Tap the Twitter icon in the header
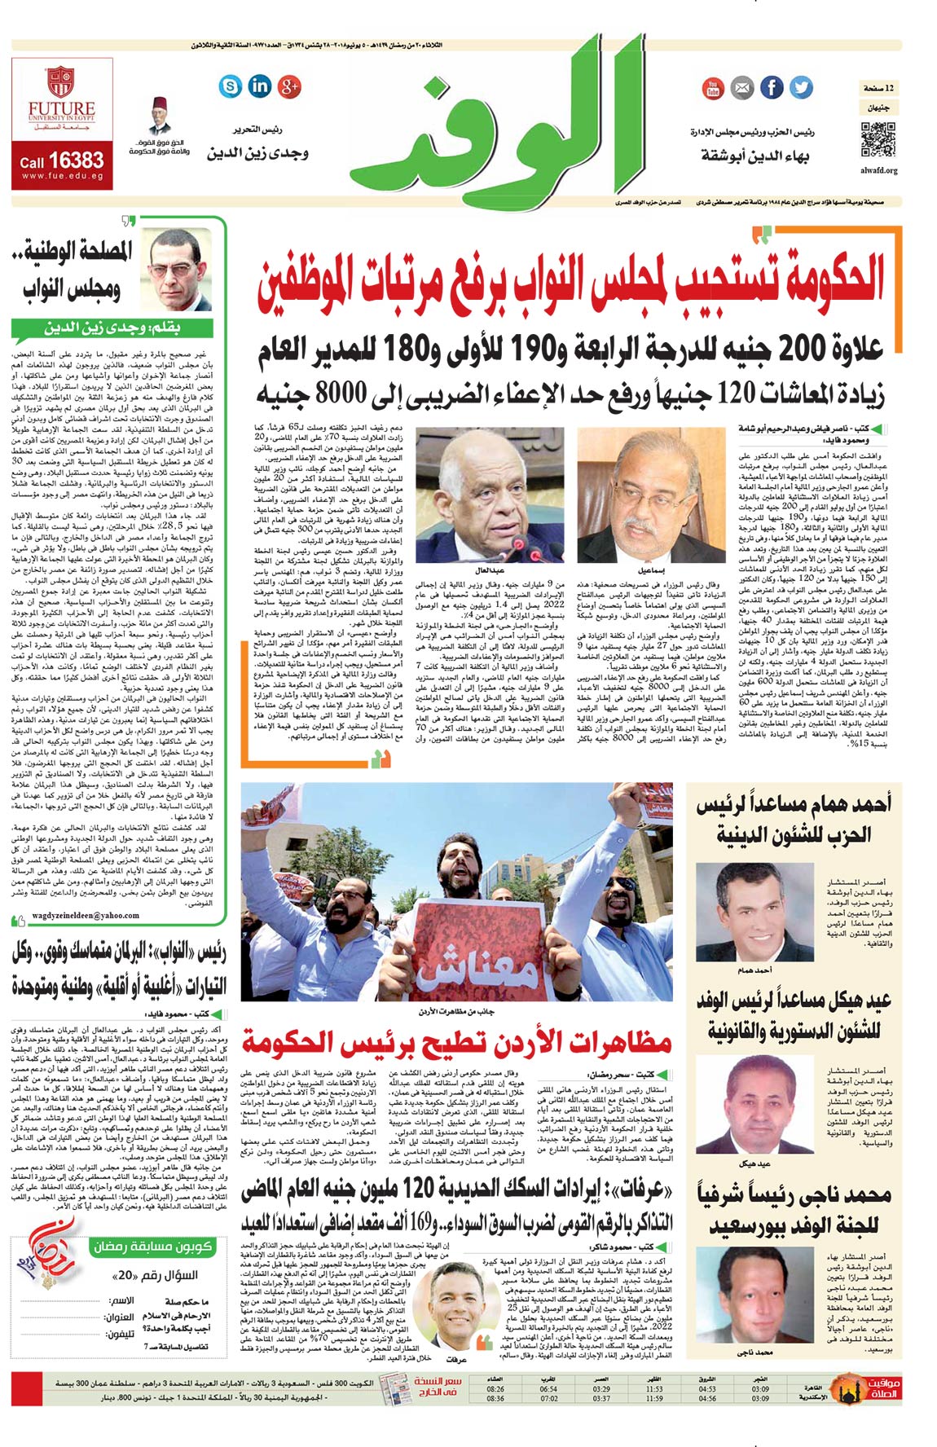click(x=801, y=87)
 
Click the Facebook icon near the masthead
click(x=771, y=87)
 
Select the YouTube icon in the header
click(x=713, y=88)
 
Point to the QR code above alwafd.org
click(x=878, y=139)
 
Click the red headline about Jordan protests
click(x=456, y=1042)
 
